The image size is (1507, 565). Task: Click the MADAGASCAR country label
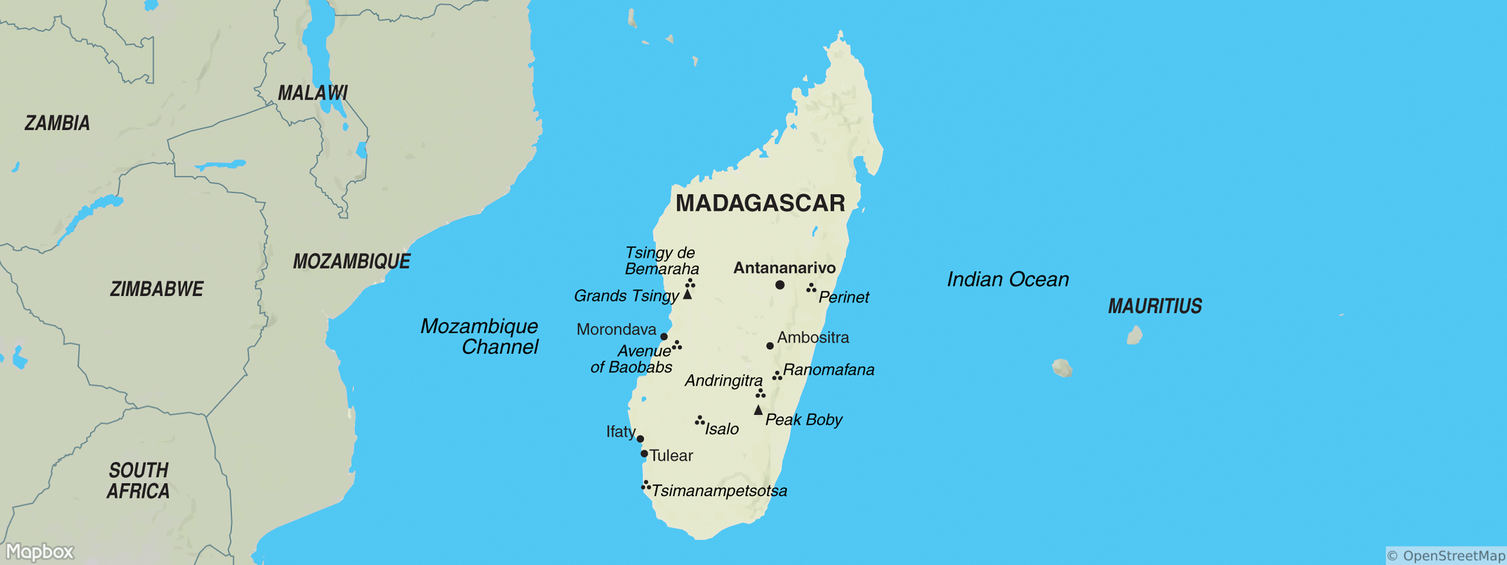point(760,203)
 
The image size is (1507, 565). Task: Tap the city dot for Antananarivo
point(780,285)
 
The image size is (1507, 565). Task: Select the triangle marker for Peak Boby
point(758,411)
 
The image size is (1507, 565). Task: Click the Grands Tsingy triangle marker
point(688,294)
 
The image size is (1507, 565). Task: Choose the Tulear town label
point(671,456)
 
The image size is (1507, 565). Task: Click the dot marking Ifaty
point(640,439)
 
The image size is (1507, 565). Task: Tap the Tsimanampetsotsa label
point(719,491)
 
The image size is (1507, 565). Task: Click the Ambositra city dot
point(770,346)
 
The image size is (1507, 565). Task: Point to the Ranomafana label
point(828,370)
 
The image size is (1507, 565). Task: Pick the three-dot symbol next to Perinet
point(811,288)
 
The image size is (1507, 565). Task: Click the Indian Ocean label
point(1007,280)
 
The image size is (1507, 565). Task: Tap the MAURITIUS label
point(1155,306)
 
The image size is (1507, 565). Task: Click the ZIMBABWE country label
point(157,289)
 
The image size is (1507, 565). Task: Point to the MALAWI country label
point(312,92)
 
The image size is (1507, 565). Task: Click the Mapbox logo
point(40,551)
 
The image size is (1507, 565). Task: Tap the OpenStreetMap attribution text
point(1446,556)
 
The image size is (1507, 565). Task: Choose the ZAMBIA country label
point(57,123)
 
